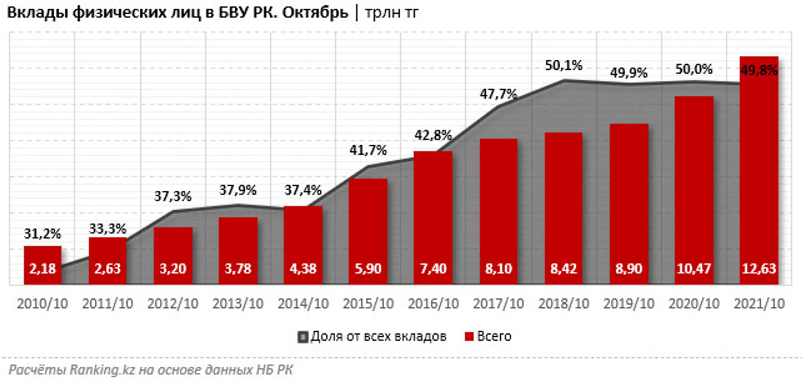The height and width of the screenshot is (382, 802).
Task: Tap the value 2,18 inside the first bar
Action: (43, 269)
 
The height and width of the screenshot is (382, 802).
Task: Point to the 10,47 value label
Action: (694, 269)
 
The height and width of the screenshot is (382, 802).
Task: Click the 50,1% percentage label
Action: (563, 66)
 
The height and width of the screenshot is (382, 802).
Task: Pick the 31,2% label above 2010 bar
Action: (42, 234)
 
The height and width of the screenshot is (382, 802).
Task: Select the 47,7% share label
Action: (498, 94)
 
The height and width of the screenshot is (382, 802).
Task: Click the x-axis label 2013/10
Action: (238, 304)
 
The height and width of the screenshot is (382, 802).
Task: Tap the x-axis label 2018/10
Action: (564, 304)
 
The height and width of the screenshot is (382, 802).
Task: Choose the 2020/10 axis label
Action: (694, 304)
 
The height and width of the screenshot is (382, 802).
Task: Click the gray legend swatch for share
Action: (303, 337)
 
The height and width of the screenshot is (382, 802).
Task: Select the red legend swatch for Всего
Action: (469, 336)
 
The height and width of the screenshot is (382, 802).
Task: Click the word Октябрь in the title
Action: (315, 13)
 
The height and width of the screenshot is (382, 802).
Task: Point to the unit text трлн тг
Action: (391, 13)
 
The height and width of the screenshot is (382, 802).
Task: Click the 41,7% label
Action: (368, 150)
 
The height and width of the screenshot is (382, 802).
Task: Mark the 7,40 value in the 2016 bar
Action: (433, 269)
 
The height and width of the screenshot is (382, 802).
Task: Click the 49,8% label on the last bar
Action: (759, 70)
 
